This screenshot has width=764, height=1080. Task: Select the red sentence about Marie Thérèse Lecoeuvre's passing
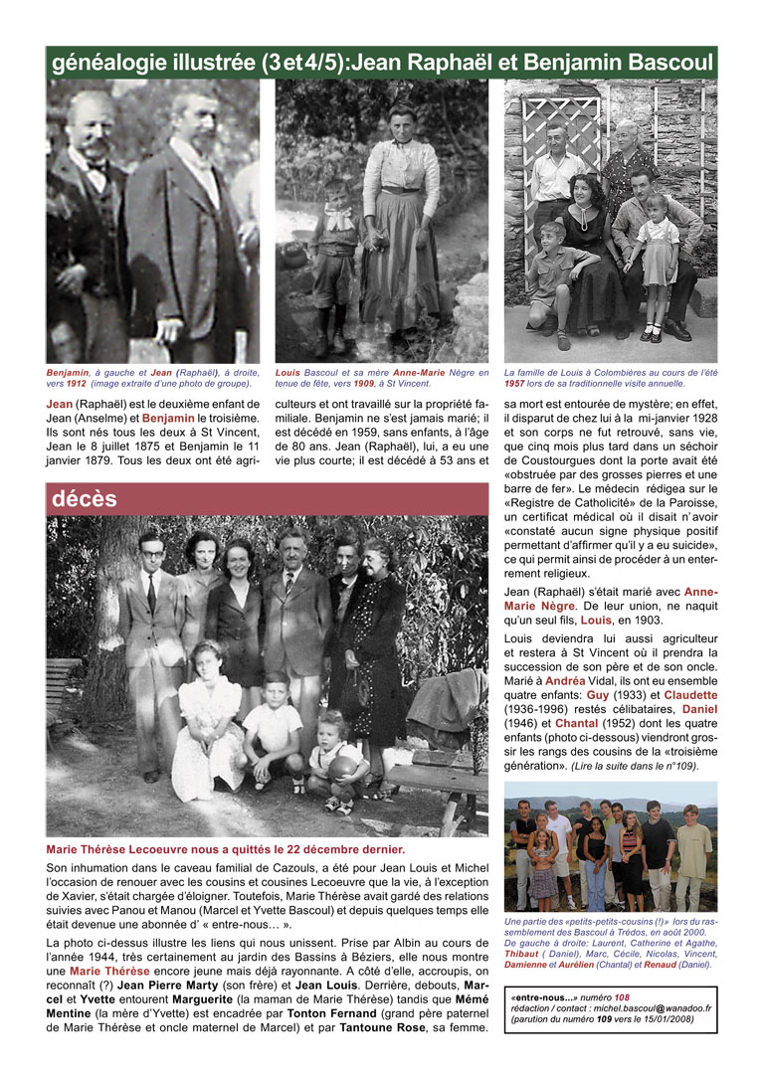226,850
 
